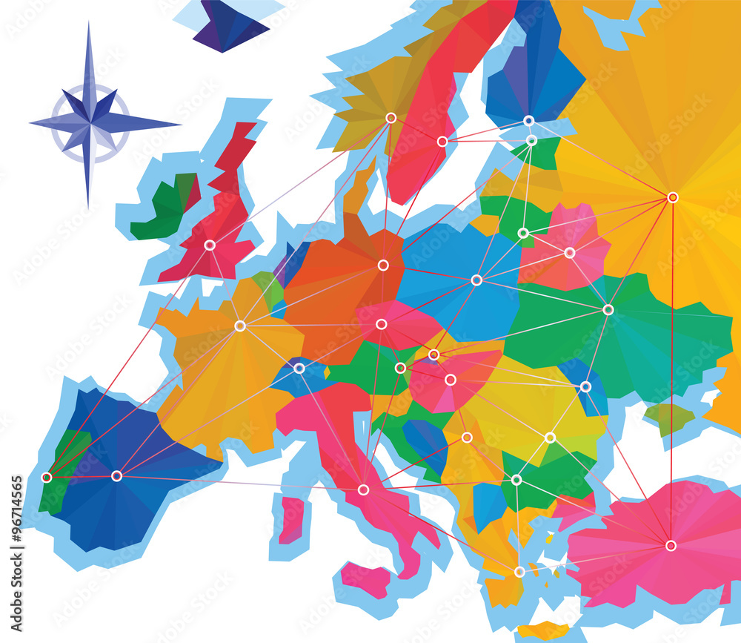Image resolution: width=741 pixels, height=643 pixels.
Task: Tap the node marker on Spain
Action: (x=116, y=475)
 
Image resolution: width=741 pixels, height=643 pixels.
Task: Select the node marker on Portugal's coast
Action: (x=47, y=477)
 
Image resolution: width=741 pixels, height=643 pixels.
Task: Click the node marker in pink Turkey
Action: (x=671, y=545)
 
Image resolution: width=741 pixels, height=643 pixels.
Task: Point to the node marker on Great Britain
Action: (x=210, y=245)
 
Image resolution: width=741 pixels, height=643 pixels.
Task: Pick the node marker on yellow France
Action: (x=240, y=326)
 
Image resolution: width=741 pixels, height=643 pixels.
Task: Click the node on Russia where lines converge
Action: (x=672, y=197)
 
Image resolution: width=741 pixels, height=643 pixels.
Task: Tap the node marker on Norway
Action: (x=391, y=117)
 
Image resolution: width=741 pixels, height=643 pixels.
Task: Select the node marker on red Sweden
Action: (x=442, y=141)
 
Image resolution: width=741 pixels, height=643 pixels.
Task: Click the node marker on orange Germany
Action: (x=383, y=265)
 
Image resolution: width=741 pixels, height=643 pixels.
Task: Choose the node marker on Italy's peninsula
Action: (x=363, y=489)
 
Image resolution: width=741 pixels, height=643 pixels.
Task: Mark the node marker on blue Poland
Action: (x=476, y=280)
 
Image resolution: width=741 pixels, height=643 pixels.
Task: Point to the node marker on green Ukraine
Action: (x=608, y=309)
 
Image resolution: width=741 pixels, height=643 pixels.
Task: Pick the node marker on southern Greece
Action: (x=519, y=572)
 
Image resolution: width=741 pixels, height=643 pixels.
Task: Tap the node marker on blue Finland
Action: (x=528, y=120)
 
